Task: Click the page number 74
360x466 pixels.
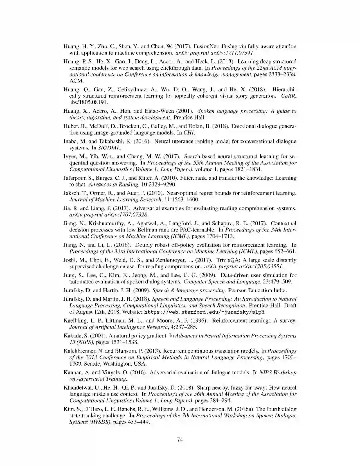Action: point(180,439)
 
